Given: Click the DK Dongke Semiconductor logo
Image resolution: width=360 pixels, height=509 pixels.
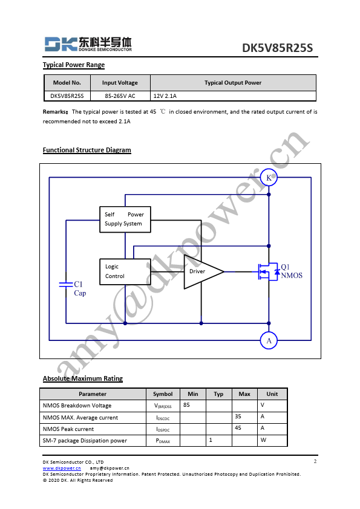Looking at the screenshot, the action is tap(88, 44).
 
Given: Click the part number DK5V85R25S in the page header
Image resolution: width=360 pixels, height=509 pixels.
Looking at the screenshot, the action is tap(277, 48).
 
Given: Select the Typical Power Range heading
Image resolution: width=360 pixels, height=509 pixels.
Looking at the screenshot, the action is tap(74, 65).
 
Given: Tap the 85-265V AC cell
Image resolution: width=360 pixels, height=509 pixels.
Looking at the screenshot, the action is tap(120, 96).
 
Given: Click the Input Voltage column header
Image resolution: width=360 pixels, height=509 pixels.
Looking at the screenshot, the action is tap(120, 83).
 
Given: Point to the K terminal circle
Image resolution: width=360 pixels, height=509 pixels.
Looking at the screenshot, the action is tap(269, 178).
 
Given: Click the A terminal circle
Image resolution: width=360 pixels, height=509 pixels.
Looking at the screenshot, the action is tap(269, 340).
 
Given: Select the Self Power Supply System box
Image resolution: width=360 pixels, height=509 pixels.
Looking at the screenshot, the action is tap(125, 219).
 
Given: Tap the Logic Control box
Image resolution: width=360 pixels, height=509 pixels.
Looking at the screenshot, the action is tap(125, 271).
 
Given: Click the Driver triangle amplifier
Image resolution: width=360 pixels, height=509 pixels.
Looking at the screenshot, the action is tap(203, 271).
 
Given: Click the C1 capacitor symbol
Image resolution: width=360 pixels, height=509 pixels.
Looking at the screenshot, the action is tap(66, 285).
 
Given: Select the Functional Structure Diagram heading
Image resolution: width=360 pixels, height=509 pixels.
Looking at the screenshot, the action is tap(87, 150).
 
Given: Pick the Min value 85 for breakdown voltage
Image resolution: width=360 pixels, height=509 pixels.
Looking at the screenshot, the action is tap(186, 405).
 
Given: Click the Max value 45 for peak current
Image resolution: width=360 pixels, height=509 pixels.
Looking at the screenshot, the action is tap(238, 428).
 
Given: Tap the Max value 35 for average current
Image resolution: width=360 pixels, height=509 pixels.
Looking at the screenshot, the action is tap(238, 417).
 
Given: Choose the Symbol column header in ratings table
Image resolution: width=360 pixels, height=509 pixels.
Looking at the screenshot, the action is tap(163, 394).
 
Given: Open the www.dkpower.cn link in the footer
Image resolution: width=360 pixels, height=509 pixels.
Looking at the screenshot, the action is tap(62, 468).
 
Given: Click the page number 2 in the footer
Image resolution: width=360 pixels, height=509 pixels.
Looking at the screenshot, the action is tap(315, 461).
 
